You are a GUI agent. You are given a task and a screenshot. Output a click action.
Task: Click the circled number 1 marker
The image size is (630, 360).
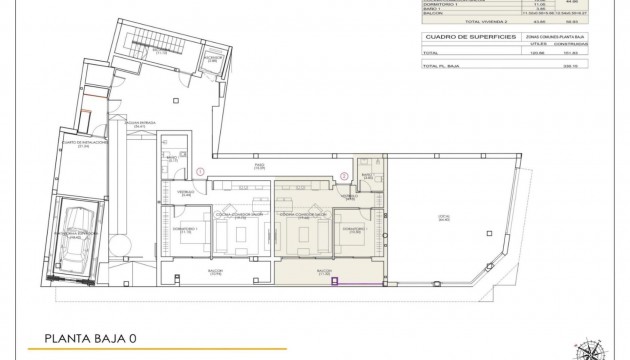pos(202,172)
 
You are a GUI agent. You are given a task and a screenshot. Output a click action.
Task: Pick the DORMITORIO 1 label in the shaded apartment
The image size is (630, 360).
pos(352,229)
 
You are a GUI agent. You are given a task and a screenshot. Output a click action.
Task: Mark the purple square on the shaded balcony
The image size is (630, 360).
pos(337,281)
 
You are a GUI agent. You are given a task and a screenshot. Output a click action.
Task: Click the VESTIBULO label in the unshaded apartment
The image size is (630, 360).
pos(186,193)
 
